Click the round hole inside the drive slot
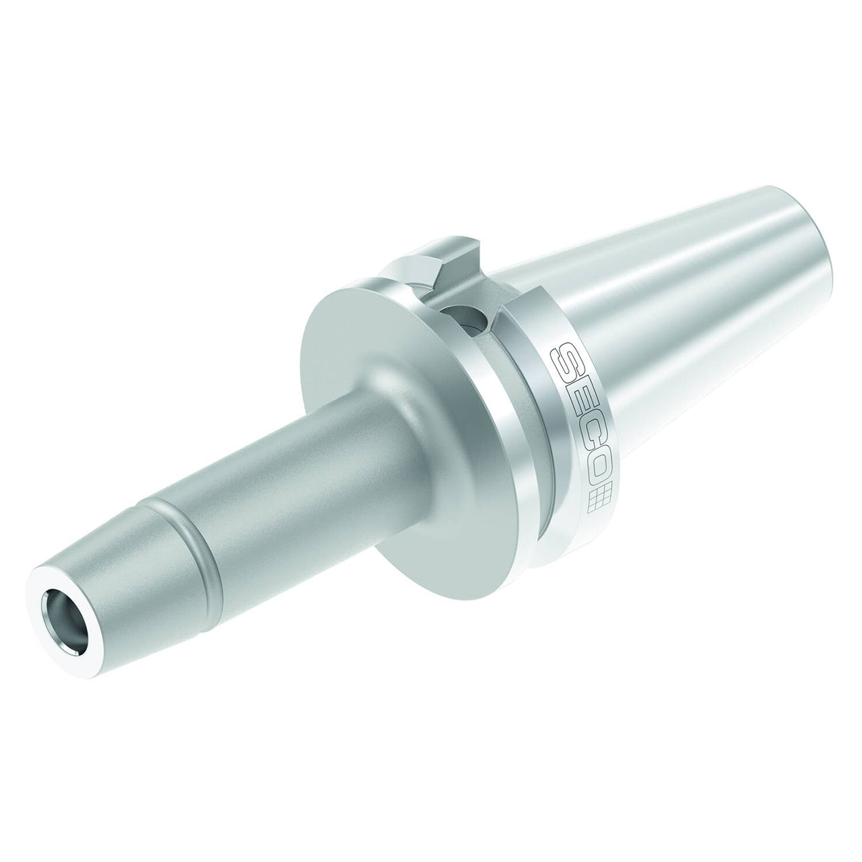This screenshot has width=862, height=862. pyautogui.click(x=465, y=319)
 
